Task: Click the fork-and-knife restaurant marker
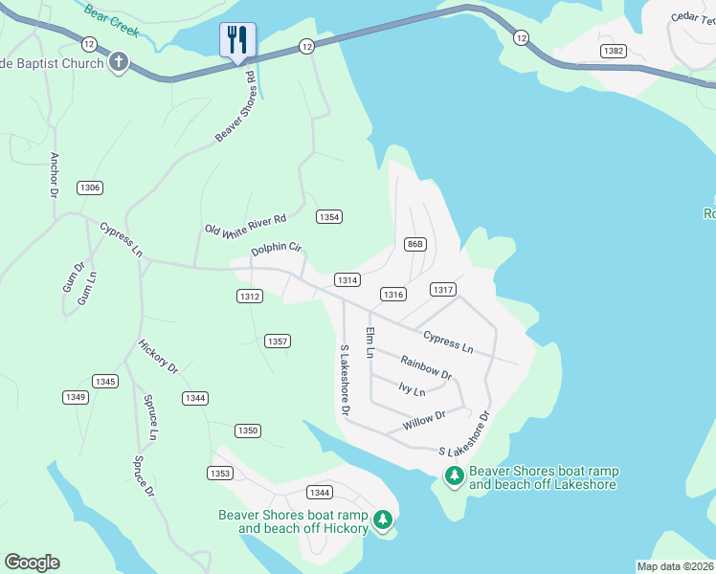click(x=237, y=40)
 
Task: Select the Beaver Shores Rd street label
click(x=235, y=107)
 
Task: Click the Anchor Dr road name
click(x=54, y=174)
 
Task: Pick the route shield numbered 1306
click(x=90, y=188)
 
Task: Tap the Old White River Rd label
click(x=246, y=224)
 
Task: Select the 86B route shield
click(x=414, y=244)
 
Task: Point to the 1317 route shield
click(x=442, y=289)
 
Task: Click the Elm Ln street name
click(x=369, y=342)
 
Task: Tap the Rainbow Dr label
click(x=426, y=367)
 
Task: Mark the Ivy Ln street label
click(x=412, y=390)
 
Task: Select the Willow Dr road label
click(x=425, y=417)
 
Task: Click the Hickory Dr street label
click(x=158, y=355)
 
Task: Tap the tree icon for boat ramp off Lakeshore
click(x=454, y=475)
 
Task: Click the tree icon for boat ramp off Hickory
click(x=383, y=519)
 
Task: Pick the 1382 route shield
click(x=614, y=49)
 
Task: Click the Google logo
click(x=32, y=563)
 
